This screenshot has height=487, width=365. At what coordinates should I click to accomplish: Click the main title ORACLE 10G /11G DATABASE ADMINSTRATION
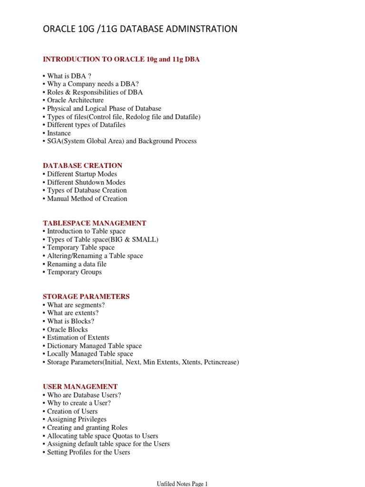[x=140, y=29]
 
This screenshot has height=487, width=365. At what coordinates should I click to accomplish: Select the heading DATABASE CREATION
[x=83, y=166]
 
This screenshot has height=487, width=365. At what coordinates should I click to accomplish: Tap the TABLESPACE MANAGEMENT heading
[x=95, y=223]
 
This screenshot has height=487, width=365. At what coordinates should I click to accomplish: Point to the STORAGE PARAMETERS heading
[x=86, y=296]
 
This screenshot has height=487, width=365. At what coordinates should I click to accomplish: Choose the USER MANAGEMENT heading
[x=80, y=387]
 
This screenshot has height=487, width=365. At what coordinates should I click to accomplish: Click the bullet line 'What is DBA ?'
[x=69, y=76]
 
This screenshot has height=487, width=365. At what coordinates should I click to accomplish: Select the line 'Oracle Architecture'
[x=75, y=100]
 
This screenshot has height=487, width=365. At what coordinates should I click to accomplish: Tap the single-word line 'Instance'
[x=59, y=133]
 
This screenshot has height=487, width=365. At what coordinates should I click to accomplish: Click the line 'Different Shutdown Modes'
[x=86, y=182]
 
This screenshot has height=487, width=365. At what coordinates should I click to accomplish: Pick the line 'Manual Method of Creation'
[x=87, y=198]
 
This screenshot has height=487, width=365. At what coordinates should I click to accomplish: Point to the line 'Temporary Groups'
[x=74, y=272]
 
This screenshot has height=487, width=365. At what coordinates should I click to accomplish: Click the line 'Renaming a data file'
[x=77, y=264]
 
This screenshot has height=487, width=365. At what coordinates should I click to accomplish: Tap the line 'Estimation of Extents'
[x=78, y=337]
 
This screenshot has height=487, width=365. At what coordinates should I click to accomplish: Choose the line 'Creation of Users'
[x=72, y=411]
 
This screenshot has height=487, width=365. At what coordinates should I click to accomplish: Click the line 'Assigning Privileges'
[x=77, y=419]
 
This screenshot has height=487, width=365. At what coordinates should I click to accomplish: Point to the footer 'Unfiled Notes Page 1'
[x=182, y=484]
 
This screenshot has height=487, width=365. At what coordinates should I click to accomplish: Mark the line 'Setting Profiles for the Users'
[x=88, y=452]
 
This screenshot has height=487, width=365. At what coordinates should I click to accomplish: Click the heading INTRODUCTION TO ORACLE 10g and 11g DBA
[x=121, y=59]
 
